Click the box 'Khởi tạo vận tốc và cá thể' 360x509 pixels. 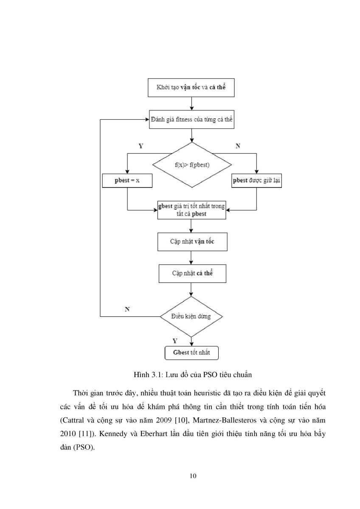(191, 88)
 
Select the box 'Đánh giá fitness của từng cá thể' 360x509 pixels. (192, 120)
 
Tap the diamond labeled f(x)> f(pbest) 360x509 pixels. (192, 165)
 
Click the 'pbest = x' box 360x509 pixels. (127, 181)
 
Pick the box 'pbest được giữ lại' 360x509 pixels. (256, 181)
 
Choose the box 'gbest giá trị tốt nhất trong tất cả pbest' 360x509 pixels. (192, 210)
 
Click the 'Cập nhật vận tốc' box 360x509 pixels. (192, 242)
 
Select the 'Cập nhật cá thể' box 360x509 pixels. (192, 274)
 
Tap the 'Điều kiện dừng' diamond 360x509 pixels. (191, 316)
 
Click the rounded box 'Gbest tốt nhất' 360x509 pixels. (191, 353)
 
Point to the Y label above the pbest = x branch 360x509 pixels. (141, 146)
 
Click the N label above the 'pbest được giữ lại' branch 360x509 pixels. (238, 146)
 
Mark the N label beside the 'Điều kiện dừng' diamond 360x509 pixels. (127, 309)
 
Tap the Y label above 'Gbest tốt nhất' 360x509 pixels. (175, 341)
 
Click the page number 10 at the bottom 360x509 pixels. (193, 476)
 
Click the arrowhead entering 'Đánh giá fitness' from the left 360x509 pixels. (147, 120)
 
